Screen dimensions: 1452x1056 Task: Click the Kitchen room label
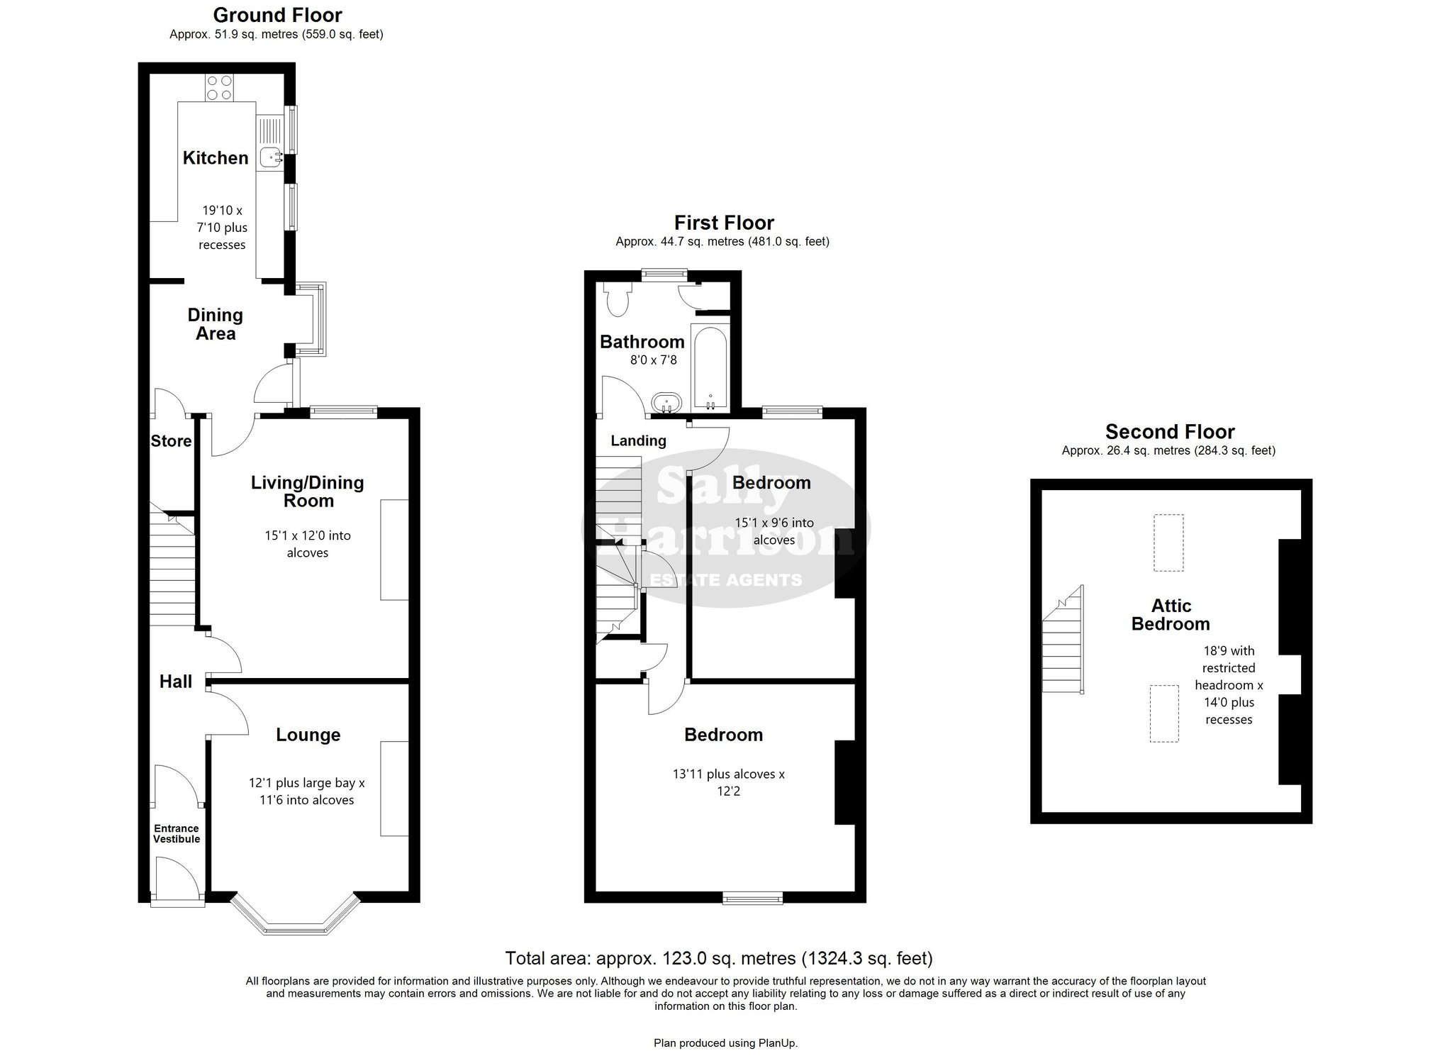click(216, 157)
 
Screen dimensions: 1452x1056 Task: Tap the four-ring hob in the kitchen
click(218, 88)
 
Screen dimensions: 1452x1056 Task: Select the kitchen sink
click(270, 158)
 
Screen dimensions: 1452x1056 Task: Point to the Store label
click(171, 441)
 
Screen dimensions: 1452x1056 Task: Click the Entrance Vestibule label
click(177, 833)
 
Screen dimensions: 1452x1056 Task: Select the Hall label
click(176, 682)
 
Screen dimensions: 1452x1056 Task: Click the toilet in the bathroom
click(617, 300)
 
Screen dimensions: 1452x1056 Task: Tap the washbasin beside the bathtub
click(666, 402)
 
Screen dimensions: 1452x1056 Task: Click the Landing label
click(639, 440)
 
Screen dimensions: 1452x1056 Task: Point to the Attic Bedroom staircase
click(1063, 639)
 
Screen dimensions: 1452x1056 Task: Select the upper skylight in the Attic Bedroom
click(1168, 543)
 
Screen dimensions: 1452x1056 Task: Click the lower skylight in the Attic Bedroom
click(1163, 713)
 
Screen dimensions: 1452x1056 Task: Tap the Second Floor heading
click(1170, 431)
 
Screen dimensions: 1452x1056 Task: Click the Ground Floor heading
click(278, 15)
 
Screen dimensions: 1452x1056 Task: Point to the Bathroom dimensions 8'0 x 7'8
click(654, 360)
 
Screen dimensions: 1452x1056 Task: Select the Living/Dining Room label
click(308, 491)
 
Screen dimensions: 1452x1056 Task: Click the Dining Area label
click(216, 324)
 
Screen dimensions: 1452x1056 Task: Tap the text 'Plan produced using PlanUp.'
click(725, 1043)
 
